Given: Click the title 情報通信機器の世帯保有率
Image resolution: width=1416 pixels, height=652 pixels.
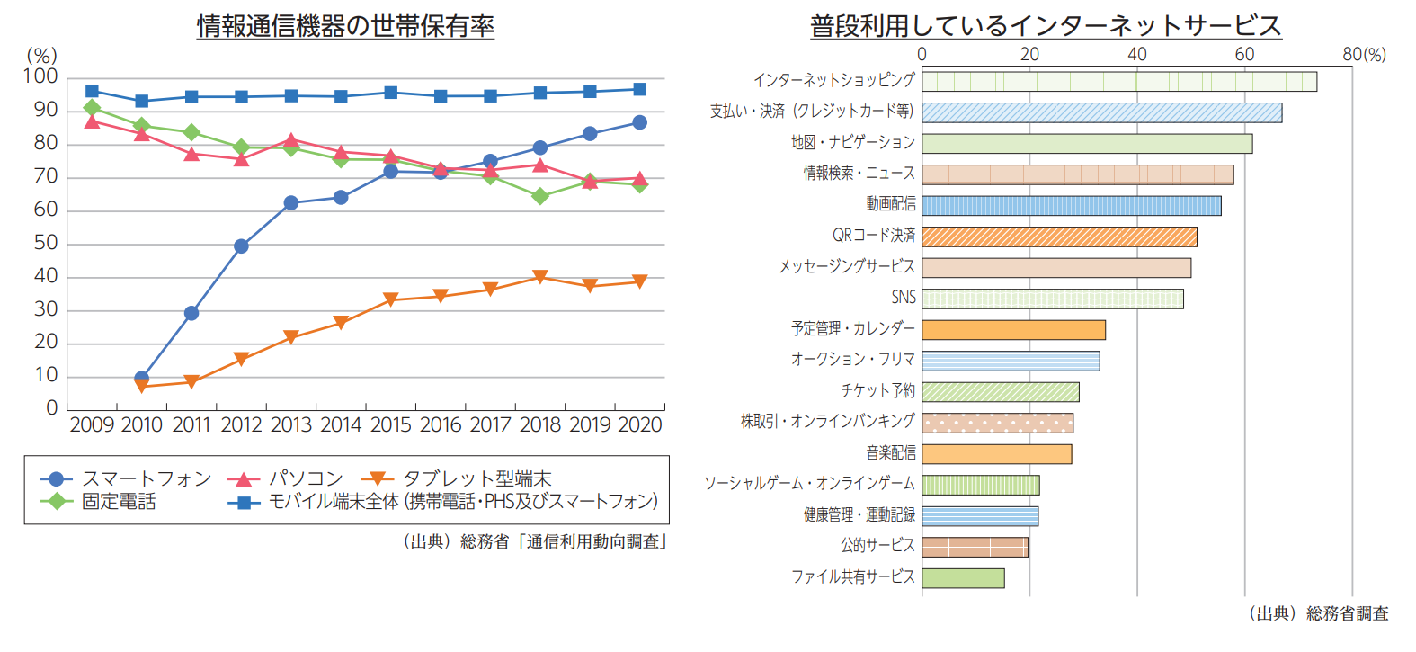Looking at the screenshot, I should point(345,26).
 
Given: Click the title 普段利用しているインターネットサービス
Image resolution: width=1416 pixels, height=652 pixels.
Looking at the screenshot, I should point(1046,26).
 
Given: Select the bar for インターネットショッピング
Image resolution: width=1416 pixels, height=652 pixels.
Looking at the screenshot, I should point(1118,82).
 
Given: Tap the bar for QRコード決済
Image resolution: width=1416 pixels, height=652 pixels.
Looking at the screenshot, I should point(1059,237).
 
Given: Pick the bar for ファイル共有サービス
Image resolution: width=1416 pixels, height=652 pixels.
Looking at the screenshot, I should point(963,577).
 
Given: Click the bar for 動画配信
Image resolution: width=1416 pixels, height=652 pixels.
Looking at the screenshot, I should point(1071,205).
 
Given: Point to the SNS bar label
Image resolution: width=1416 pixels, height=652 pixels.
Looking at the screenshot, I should point(904,298).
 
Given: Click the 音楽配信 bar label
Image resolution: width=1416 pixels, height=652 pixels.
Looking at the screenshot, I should point(891,452).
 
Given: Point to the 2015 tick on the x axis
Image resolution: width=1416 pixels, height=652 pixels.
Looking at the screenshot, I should point(391,424).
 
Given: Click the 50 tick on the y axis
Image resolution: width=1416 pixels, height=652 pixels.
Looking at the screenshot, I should point(46,243).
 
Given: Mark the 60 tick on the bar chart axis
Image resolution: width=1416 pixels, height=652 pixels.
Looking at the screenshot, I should point(1244,54).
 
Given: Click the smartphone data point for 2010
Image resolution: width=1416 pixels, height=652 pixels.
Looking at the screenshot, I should point(141,378).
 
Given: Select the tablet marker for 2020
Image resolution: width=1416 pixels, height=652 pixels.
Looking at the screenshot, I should point(639,281).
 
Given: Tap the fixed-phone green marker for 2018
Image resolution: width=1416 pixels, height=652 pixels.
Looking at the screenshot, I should point(539,196).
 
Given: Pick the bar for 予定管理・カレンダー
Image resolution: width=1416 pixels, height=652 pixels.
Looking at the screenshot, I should point(1013,330).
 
